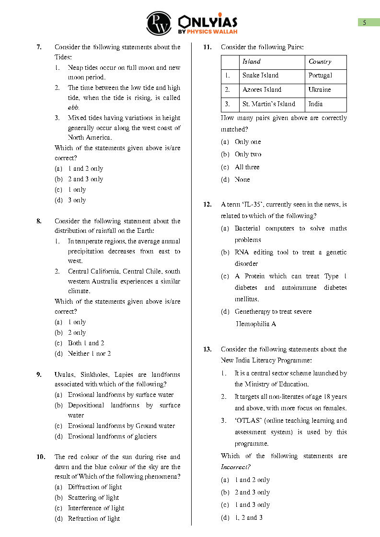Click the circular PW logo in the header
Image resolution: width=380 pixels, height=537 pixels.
[x=159, y=23]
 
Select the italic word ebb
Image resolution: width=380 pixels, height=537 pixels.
[x=73, y=108]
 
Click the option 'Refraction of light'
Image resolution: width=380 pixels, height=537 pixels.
[x=94, y=518]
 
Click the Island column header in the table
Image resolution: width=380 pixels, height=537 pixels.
[x=252, y=62]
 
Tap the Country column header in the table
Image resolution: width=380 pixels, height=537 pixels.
[x=320, y=62]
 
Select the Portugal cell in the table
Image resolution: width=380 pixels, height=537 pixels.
[x=321, y=76]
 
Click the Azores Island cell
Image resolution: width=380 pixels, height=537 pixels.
[x=262, y=90]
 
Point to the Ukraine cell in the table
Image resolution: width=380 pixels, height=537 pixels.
[x=320, y=90]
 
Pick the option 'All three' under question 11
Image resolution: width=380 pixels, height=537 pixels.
[x=247, y=167]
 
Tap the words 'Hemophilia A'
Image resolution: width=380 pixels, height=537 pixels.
[x=256, y=324]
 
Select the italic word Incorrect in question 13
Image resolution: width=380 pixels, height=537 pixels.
[x=236, y=467]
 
